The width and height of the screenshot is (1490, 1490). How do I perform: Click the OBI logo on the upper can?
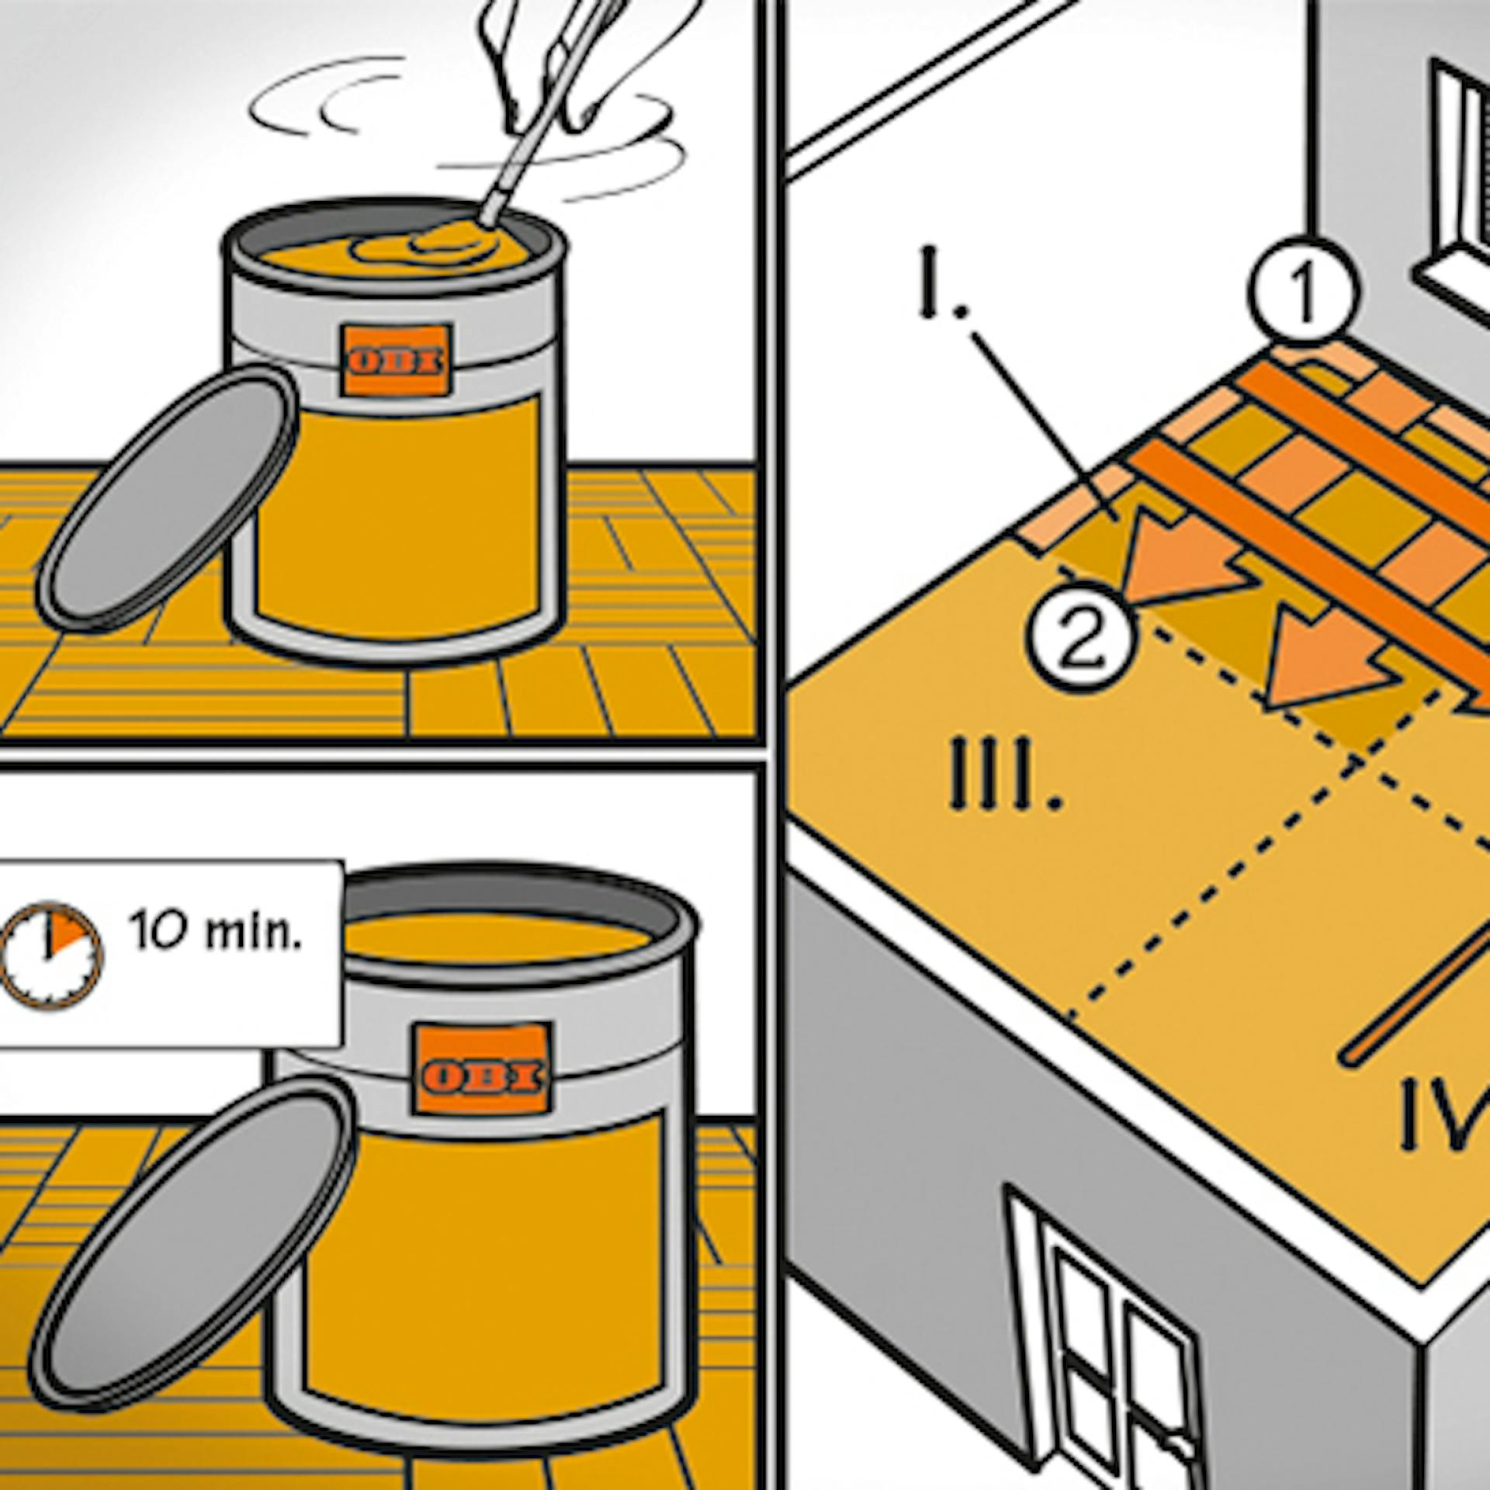click(397, 361)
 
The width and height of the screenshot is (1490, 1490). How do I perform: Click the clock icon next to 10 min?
click(51, 955)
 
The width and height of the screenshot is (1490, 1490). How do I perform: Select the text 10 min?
click(214, 931)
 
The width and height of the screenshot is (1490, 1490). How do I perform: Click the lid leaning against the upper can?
click(167, 497)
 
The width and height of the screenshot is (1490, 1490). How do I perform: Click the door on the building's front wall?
click(1117, 1350)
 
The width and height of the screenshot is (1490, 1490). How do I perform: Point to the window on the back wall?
click(1459, 171)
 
